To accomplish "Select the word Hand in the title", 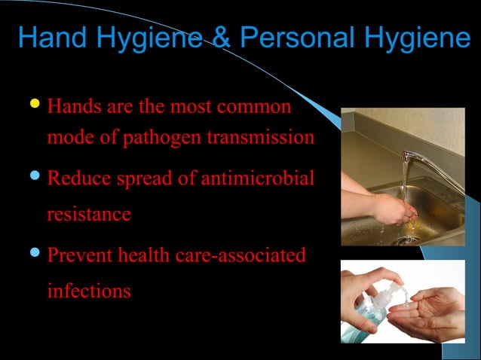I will (49, 38).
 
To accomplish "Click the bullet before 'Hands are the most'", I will (35, 104).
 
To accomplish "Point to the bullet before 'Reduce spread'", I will (35, 178).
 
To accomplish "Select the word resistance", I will (88, 215).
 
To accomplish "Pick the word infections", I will (88, 291).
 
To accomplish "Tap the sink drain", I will (408, 239).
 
